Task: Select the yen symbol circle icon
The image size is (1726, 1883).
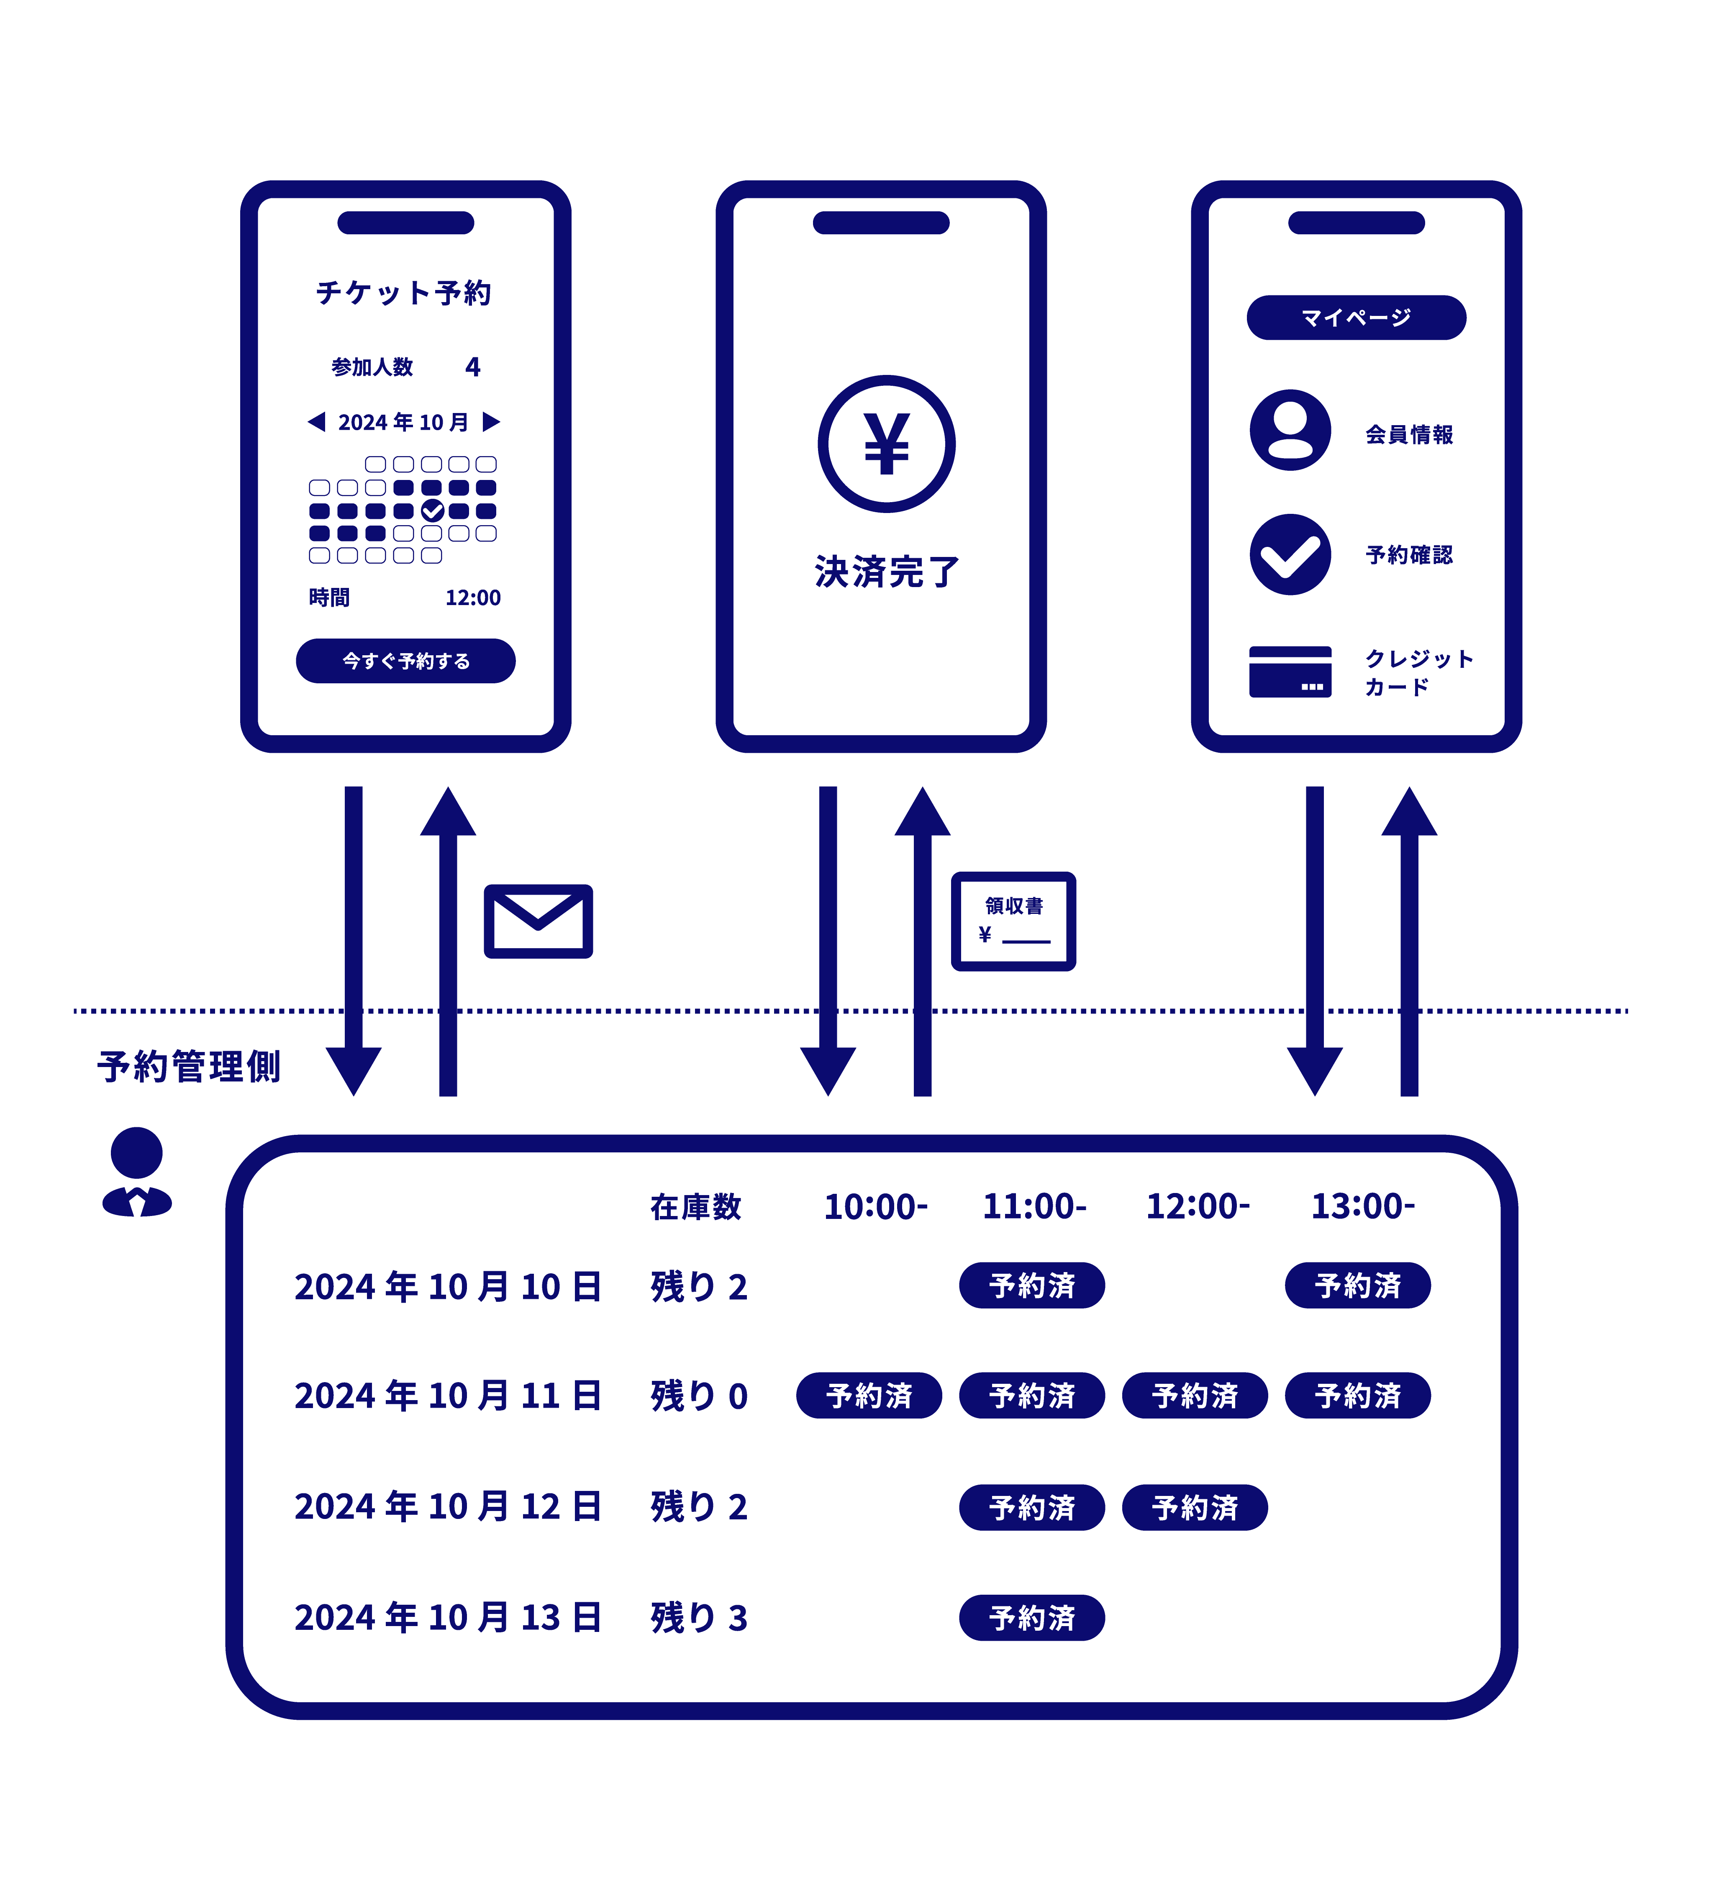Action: pyautogui.click(x=886, y=444)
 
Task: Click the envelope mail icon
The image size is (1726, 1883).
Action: pyautogui.click(x=538, y=921)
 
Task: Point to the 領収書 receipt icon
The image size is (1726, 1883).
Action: pyautogui.click(x=1013, y=921)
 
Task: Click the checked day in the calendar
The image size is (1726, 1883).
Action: pyautogui.click(x=432, y=510)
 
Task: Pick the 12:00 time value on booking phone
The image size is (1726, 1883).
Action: pyautogui.click(x=472, y=598)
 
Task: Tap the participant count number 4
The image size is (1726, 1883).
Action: pyautogui.click(x=472, y=367)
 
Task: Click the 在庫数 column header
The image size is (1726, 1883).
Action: pyautogui.click(x=696, y=1207)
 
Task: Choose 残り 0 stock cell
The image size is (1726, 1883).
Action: pyautogui.click(x=699, y=1396)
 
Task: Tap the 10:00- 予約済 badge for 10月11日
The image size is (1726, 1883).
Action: pyautogui.click(x=869, y=1396)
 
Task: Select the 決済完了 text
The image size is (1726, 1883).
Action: pyautogui.click(x=886, y=572)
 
